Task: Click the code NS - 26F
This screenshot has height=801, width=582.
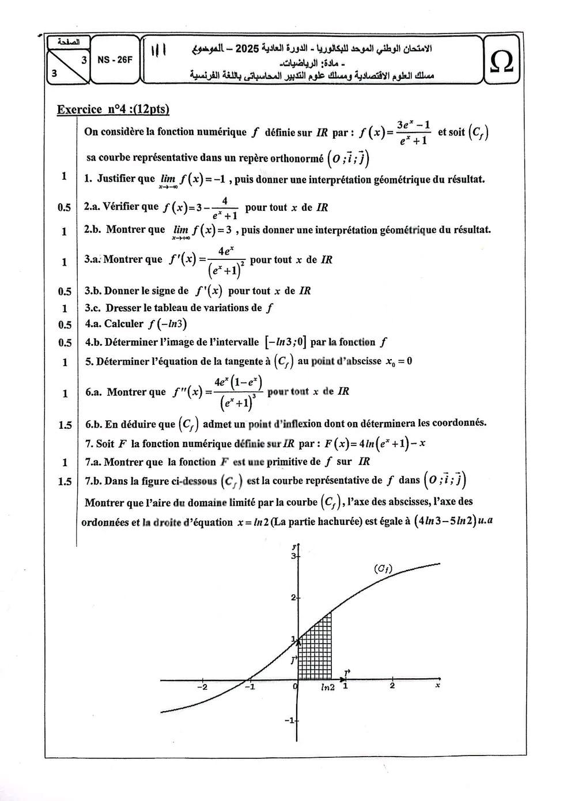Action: (115, 59)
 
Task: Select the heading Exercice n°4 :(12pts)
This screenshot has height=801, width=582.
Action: (113, 109)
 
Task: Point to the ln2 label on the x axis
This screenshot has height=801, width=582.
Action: (327, 687)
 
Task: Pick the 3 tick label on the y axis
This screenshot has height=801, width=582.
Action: (292, 557)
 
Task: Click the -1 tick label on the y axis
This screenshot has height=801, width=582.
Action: (290, 720)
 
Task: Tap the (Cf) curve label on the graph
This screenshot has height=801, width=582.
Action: (383, 569)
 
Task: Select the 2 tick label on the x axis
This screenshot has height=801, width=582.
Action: (392, 686)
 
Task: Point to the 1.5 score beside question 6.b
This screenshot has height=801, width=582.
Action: (65, 425)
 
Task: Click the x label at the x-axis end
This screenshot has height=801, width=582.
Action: (438, 685)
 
